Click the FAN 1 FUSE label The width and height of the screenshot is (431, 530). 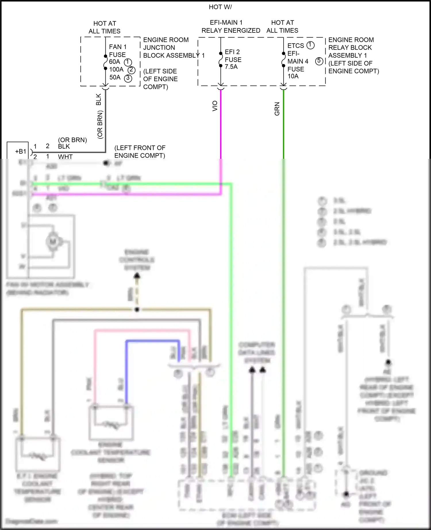(x=117, y=51)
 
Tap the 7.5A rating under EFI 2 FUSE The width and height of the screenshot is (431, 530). (x=231, y=67)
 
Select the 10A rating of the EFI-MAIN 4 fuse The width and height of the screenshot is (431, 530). (x=293, y=76)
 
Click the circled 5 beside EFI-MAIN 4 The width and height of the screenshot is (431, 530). (x=319, y=61)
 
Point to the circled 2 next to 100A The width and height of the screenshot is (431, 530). (x=131, y=70)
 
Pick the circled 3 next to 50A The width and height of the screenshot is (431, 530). (x=128, y=78)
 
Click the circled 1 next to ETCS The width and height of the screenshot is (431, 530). (x=310, y=45)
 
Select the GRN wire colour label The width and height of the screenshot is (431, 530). (x=277, y=109)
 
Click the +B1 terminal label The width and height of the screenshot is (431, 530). (x=20, y=152)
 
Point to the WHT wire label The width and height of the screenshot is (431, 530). (x=65, y=157)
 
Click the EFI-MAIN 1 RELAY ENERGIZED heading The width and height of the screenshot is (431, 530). (x=230, y=26)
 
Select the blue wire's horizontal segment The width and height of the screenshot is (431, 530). (x=152, y=341)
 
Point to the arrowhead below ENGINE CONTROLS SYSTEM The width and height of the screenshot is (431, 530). (x=137, y=276)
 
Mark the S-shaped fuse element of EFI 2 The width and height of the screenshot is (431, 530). (x=221, y=60)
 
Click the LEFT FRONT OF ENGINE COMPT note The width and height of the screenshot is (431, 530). (x=140, y=152)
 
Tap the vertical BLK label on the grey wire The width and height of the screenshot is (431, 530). (x=99, y=99)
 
